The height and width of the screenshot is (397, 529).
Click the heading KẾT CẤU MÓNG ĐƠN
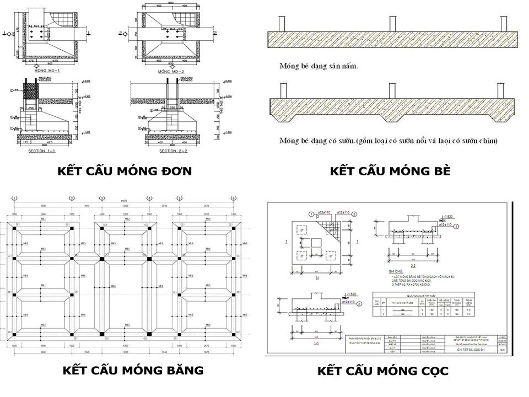tap(125, 171)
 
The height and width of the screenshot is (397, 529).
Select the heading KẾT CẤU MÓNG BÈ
tap(390, 171)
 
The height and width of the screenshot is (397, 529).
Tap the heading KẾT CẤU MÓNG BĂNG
tap(125, 369)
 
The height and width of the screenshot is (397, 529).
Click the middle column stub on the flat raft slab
tap(392, 24)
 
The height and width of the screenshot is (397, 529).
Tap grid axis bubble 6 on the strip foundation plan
tap(234, 198)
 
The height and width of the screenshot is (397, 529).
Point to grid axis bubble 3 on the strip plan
tap(101, 198)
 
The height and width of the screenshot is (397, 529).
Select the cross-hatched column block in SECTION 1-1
tap(31, 90)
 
